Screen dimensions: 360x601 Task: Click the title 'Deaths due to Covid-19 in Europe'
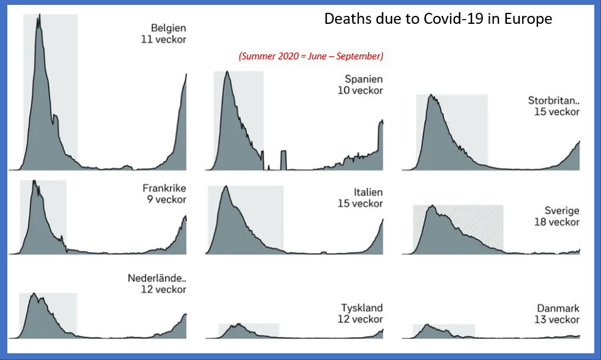coord(438,19)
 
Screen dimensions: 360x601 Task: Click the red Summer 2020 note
coord(311,56)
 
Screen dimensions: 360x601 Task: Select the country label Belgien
coord(168,28)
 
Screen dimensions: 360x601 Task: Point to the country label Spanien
coord(364,79)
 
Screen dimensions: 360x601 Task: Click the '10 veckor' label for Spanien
coord(360,90)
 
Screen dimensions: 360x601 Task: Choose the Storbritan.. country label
coord(553,100)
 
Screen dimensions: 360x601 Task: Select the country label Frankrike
coord(164,188)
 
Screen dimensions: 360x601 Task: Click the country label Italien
coord(368,192)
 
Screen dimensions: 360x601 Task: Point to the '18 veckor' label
coord(556,222)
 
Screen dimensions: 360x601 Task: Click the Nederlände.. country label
coord(157,278)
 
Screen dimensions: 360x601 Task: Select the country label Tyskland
coord(362,307)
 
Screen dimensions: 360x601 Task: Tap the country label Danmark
coord(558,308)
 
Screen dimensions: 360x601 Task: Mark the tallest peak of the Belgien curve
coord(39,15)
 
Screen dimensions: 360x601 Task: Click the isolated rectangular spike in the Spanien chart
coord(284,160)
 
